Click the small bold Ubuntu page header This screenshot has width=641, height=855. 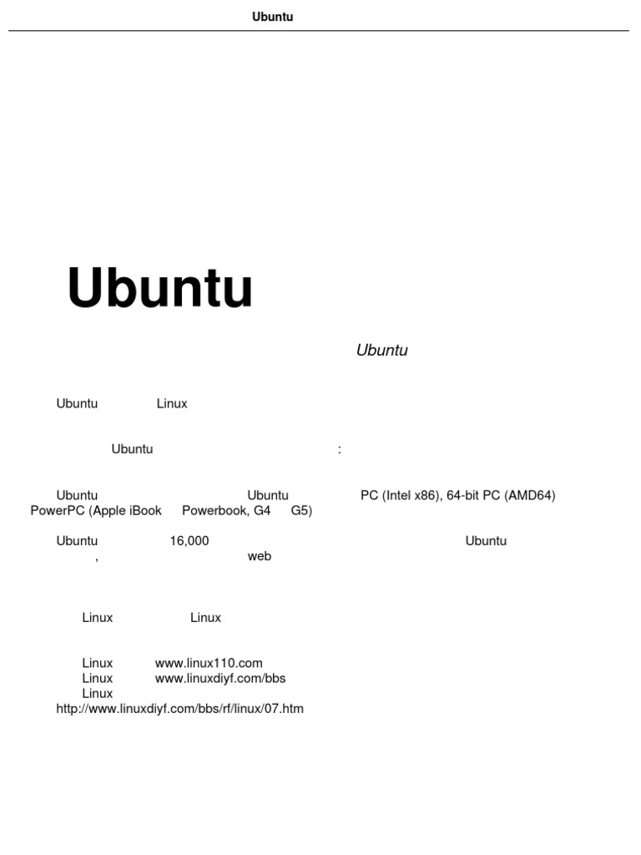(273, 17)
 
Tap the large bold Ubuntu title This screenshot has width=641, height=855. (159, 289)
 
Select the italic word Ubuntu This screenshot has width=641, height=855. (381, 351)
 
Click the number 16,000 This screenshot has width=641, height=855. (189, 541)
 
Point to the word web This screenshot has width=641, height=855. (260, 556)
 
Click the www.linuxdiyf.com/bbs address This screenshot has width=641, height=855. (220, 678)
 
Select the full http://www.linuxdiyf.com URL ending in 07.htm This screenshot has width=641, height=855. (180, 710)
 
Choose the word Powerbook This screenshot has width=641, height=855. (214, 511)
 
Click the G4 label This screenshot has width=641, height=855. (262, 511)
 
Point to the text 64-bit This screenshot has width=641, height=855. (463, 496)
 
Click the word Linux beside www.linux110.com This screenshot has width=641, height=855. (98, 664)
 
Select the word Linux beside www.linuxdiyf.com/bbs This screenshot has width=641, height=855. (98, 678)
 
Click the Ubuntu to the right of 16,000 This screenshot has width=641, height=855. (486, 541)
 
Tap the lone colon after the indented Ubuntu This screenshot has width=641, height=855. (340, 450)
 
